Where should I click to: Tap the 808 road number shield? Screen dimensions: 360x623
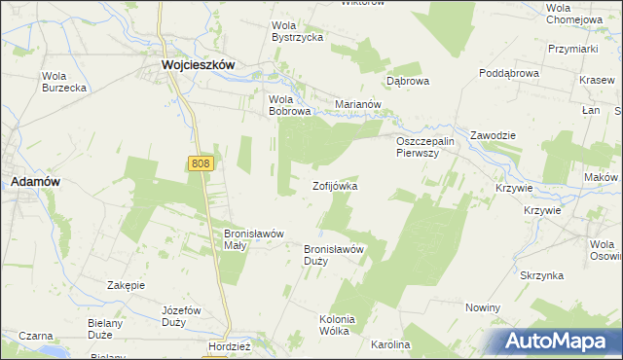pyautogui.click(x=201, y=165)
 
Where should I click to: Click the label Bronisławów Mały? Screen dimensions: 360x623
pyautogui.click(x=253, y=239)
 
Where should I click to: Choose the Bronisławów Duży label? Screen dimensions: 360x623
pyautogui.click(x=334, y=254)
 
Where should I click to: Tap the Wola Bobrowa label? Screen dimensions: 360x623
pyautogui.click(x=289, y=105)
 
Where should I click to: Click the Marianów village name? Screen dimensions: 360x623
pyautogui.click(x=356, y=104)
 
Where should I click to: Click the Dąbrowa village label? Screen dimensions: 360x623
pyautogui.click(x=408, y=81)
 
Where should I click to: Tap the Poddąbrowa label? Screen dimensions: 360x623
pyautogui.click(x=509, y=73)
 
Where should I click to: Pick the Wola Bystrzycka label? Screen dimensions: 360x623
pyautogui.click(x=297, y=31)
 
